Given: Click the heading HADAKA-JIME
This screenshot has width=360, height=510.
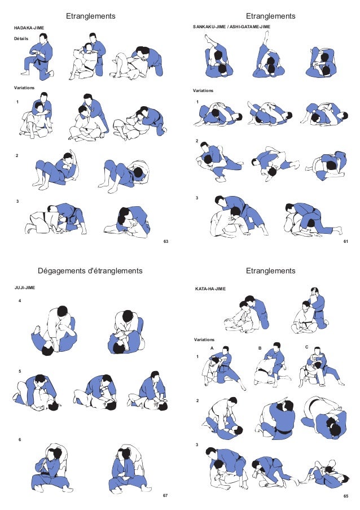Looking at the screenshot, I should pyautogui.click(x=29, y=27).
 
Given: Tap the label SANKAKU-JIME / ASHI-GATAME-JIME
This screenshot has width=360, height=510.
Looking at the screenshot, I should pyautogui.click(x=231, y=27).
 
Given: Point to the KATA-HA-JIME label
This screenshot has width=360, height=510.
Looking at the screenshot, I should pyautogui.click(x=210, y=289).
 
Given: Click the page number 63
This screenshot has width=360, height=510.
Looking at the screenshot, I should pyautogui.click(x=166, y=241).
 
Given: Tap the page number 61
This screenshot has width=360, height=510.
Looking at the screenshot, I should pyautogui.click(x=345, y=241).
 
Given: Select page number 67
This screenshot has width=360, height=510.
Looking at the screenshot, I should pyautogui.click(x=165, y=495).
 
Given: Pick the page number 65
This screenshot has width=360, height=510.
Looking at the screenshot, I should pyautogui.click(x=345, y=495).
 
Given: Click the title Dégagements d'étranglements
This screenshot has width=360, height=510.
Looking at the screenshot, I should pyautogui.click(x=90, y=271).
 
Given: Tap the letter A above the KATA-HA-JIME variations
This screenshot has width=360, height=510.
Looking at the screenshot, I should pyautogui.click(x=212, y=348).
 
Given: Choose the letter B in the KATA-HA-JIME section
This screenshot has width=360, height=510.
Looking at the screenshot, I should pyautogui.click(x=260, y=348).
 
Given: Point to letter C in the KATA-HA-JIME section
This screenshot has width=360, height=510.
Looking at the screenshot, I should pyautogui.click(x=306, y=347).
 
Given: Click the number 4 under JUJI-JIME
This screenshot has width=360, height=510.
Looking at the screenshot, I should pyautogui.click(x=20, y=301).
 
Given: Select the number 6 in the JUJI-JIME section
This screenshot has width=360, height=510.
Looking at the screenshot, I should pyautogui.click(x=20, y=439).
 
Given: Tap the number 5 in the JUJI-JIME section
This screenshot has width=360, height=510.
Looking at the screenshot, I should pyautogui.click(x=20, y=372).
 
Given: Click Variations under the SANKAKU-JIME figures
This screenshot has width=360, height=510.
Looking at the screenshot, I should pyautogui.click(x=203, y=90).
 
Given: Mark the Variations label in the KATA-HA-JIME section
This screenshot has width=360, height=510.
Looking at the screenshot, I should pyautogui.click(x=204, y=339).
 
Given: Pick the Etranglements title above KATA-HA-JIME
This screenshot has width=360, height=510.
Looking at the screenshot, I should pyautogui.click(x=271, y=271).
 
